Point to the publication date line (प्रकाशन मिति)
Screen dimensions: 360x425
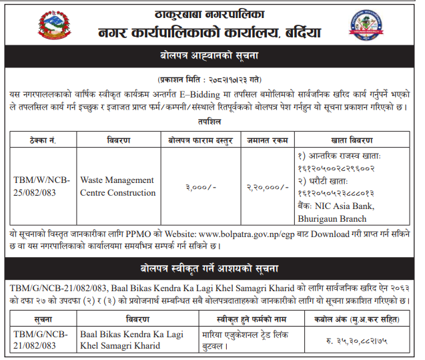pos(213,78)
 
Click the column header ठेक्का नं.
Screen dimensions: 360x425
pos(43,140)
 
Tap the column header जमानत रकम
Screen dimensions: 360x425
pos(267,140)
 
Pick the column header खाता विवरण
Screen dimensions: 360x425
pos(352,140)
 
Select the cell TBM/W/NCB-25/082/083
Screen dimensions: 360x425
pos(43,186)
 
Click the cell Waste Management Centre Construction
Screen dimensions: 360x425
pos(117,186)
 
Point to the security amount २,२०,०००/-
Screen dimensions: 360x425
pos(267,187)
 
